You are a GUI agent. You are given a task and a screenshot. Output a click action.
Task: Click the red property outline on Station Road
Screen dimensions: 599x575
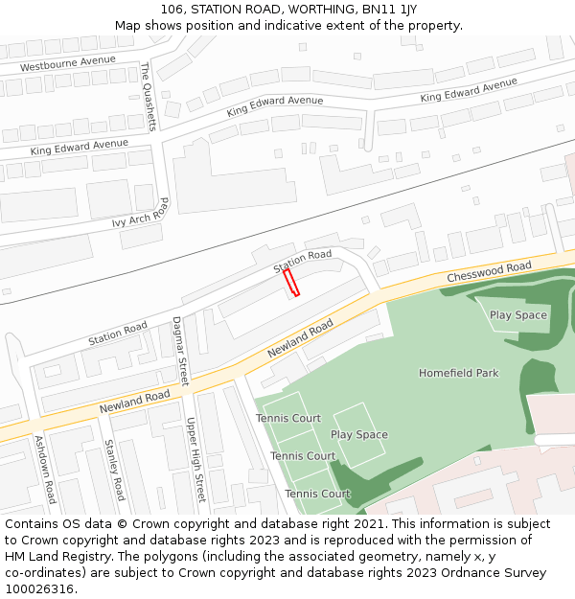(291, 283)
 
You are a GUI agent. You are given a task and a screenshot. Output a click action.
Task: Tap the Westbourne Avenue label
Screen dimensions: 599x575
(67, 63)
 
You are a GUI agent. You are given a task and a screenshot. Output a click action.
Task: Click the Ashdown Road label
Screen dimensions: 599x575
(45, 470)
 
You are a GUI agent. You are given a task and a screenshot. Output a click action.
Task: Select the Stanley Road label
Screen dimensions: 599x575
(114, 470)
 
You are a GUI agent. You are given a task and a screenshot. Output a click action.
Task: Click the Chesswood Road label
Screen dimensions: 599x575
(489, 272)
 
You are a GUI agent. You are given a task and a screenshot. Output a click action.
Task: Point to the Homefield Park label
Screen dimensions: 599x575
(458, 373)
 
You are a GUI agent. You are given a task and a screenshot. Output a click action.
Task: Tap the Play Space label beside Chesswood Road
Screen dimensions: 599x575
(517, 315)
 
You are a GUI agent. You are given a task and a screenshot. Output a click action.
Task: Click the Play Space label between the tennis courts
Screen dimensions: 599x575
(358, 435)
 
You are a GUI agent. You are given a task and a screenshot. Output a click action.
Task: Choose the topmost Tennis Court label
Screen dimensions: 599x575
(288, 419)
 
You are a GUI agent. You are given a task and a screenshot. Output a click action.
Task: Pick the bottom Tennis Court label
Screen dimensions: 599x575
(317, 495)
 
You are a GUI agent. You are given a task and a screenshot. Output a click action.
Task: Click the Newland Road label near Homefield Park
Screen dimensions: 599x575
(300, 339)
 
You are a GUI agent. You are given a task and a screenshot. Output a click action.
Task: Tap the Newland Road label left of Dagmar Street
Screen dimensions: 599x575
(134, 403)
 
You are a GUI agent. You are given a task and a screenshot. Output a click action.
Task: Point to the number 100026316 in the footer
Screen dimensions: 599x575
(37, 588)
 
